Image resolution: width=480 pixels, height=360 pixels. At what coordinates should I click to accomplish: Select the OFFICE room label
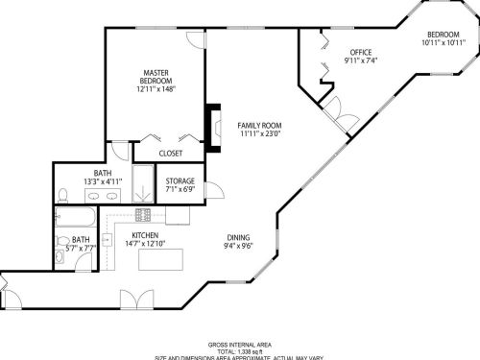click(360, 52)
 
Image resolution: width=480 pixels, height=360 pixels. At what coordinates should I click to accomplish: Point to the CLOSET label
click(171, 152)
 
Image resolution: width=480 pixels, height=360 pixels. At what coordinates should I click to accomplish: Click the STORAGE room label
click(180, 180)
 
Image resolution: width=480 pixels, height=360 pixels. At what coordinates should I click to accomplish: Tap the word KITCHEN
click(145, 235)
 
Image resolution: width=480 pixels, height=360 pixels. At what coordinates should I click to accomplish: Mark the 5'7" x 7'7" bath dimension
click(83, 248)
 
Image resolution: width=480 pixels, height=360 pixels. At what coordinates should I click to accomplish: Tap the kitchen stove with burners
click(143, 214)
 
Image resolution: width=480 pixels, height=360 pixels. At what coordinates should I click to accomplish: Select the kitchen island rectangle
click(160, 259)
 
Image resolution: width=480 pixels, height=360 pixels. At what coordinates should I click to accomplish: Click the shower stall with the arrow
click(142, 181)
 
